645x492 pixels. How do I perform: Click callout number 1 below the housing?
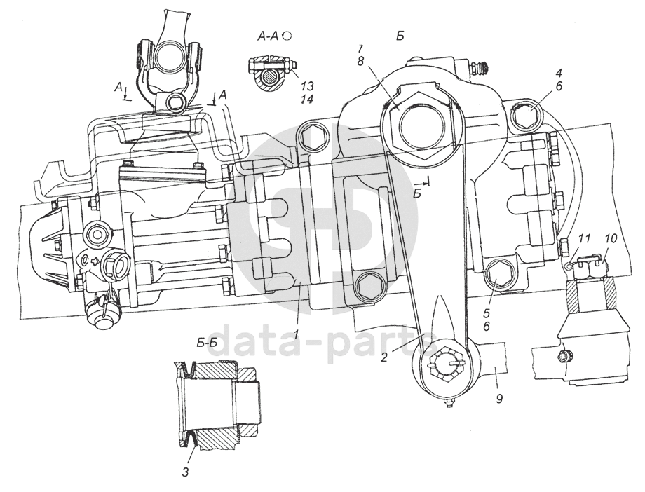(297, 334)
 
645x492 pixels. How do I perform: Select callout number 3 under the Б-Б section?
(185, 472)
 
